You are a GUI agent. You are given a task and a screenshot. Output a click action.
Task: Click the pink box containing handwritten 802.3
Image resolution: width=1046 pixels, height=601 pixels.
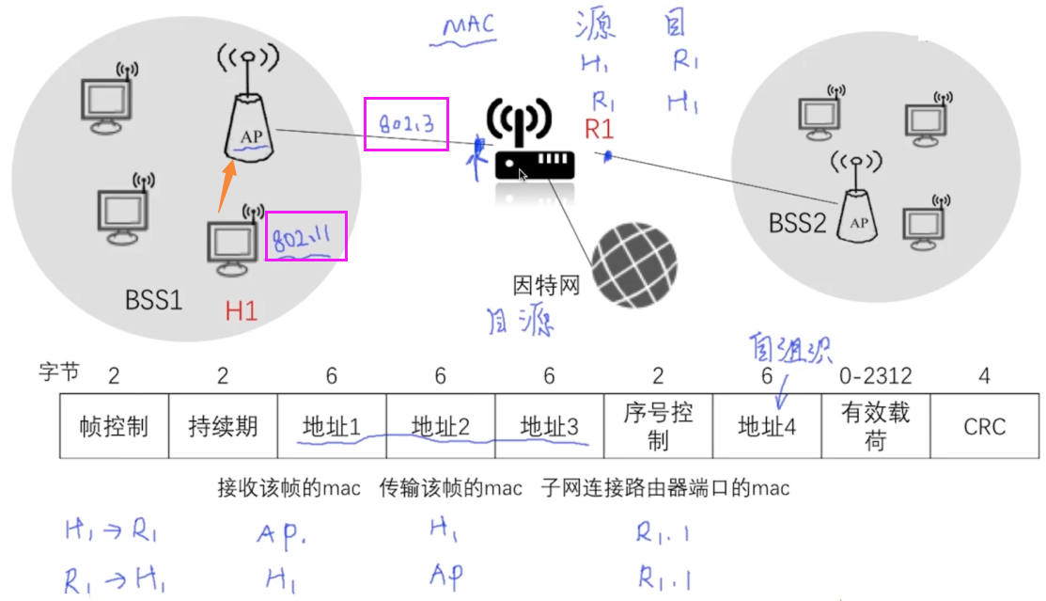pos(406,123)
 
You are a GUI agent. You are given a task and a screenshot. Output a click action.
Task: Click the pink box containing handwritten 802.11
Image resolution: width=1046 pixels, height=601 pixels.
pos(306,236)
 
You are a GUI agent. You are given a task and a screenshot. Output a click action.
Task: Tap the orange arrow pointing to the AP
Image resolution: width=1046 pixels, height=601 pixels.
pos(225,186)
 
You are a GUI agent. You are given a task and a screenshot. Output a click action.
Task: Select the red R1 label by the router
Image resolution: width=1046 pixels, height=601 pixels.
pos(599,130)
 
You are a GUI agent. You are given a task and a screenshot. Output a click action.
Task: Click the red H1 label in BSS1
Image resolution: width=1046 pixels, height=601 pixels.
pos(241,310)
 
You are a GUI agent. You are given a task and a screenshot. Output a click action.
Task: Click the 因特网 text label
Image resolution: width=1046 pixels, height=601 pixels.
pos(546,284)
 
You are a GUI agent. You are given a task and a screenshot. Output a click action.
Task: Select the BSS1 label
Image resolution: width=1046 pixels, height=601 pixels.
pos(154,300)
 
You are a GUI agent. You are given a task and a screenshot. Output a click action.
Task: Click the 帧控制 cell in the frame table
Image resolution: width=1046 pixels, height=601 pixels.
pos(114,426)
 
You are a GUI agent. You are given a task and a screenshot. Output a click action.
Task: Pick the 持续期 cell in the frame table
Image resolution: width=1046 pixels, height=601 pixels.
pos(223,426)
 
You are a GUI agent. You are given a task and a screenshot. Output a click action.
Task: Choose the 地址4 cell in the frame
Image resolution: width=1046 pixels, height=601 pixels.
pos(767,426)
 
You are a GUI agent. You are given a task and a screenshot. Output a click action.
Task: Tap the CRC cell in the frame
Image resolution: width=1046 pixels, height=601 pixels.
pos(984,426)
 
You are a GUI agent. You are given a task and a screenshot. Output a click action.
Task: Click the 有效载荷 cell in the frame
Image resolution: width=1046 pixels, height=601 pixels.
pos(875,426)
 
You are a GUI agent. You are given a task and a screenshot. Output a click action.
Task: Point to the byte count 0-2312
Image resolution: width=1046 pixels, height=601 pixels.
pos(875,376)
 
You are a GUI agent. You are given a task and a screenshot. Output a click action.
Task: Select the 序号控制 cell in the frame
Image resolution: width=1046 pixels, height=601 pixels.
pos(658,426)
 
